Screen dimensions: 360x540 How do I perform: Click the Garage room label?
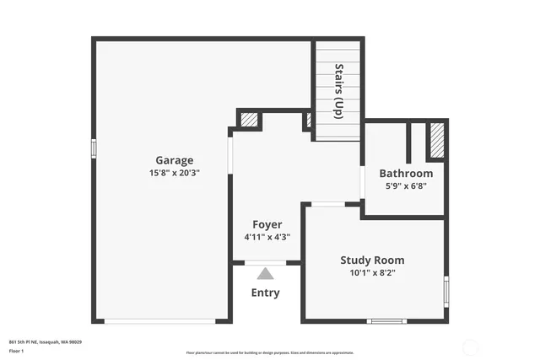pyautogui.click(x=174, y=160)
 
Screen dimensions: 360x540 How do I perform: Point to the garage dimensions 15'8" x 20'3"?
pyautogui.click(x=174, y=173)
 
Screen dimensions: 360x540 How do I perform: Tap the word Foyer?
pyautogui.click(x=267, y=224)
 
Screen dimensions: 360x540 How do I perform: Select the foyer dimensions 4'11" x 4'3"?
pyautogui.click(x=267, y=237)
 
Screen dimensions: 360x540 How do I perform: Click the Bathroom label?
pyautogui.click(x=406, y=174)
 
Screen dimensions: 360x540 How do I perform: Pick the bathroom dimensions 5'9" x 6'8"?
pyautogui.click(x=406, y=186)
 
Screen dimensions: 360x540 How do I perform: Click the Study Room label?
pyautogui.click(x=372, y=260)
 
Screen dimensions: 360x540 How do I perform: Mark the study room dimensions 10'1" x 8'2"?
pyautogui.click(x=372, y=273)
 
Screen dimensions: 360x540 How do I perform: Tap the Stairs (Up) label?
pyautogui.click(x=338, y=90)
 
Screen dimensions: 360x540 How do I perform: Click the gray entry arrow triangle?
pyautogui.click(x=266, y=273)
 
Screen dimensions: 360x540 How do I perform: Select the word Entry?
pyautogui.click(x=266, y=293)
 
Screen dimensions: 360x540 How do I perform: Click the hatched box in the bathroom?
pyautogui.click(x=436, y=141)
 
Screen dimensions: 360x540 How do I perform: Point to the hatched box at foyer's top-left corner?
pyautogui.click(x=249, y=120)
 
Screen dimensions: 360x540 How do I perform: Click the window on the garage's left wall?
pyautogui.click(x=94, y=148)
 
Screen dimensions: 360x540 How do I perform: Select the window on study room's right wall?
pyautogui.click(x=445, y=291)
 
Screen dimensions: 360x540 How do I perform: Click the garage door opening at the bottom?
pyautogui.click(x=159, y=320)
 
